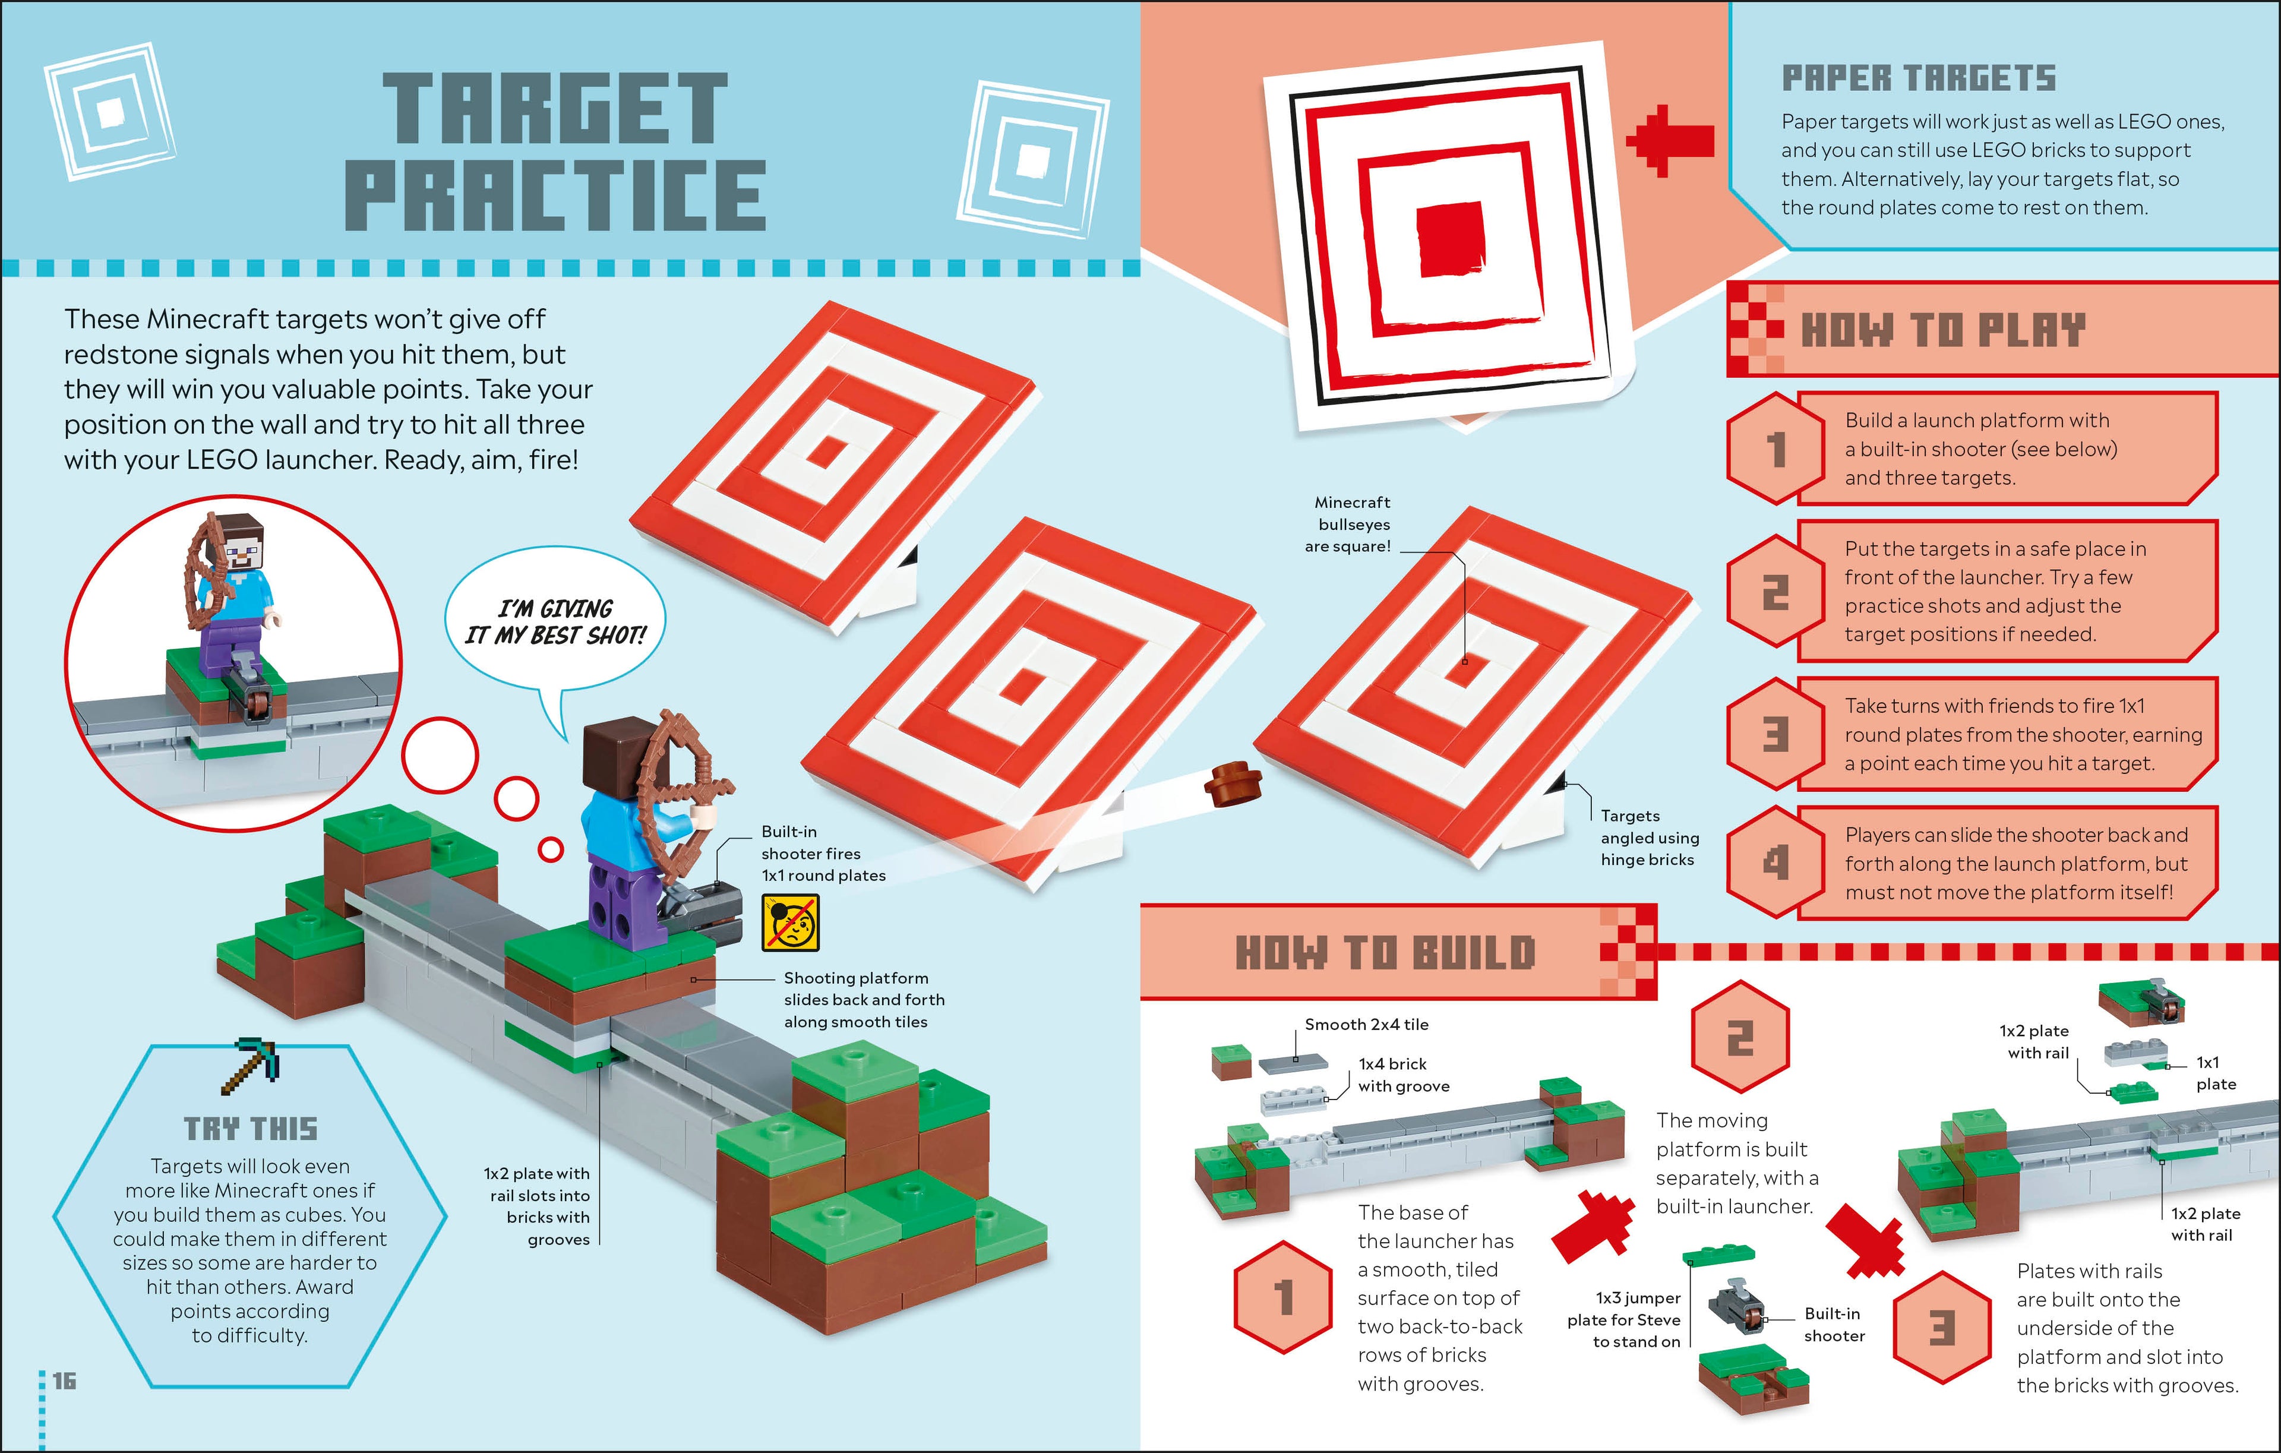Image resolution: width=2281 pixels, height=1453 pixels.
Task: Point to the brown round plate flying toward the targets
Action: coord(1233,782)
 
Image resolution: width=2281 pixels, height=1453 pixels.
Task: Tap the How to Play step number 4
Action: coord(1775,862)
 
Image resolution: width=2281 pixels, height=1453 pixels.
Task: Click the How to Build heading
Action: coord(1384,952)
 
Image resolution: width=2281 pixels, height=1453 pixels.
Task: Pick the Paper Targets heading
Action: coord(1918,78)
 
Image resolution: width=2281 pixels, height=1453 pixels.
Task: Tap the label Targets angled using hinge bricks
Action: coord(1649,838)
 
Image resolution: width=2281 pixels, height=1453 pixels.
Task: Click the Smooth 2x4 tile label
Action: coord(1366,1024)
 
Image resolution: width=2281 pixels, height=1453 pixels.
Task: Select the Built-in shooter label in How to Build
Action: coord(1834,1324)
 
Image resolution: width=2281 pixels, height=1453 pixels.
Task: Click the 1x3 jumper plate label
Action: coord(1623,1319)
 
